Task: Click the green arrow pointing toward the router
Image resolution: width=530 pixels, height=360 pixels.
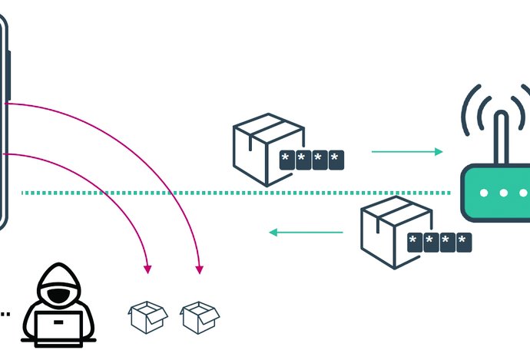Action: pos(407,152)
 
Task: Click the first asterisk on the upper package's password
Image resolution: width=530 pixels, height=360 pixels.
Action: pos(287,160)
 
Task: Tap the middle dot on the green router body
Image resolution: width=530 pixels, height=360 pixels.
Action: pos(503,192)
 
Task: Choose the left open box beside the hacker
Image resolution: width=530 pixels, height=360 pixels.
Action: pos(147,316)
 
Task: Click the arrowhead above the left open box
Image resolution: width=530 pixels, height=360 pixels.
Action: pos(147,269)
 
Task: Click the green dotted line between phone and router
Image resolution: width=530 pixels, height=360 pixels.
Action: pos(230,193)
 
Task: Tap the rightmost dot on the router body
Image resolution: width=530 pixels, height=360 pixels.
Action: pos(522,192)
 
